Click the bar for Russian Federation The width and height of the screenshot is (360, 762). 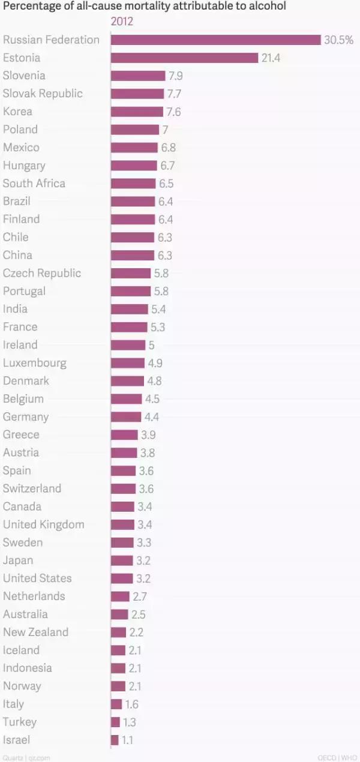pyautogui.click(x=215, y=40)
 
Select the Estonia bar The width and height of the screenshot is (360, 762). pyautogui.click(x=184, y=58)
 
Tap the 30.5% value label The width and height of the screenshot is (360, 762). pyautogui.click(x=338, y=40)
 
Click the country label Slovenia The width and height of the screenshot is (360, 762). pyautogui.click(x=24, y=76)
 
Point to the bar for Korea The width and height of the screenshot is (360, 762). pyautogui.click(x=137, y=112)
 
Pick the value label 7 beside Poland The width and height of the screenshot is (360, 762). pyautogui.click(x=165, y=130)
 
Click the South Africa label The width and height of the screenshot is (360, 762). pyautogui.click(x=34, y=183)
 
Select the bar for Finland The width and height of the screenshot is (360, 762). pyautogui.click(x=133, y=219)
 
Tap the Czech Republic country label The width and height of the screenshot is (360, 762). pyautogui.click(x=42, y=273)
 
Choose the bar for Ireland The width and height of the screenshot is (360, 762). pyautogui.click(x=128, y=345)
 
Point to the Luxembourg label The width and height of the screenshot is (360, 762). pyautogui.click(x=35, y=363)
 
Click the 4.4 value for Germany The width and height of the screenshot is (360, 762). pyautogui.click(x=152, y=416)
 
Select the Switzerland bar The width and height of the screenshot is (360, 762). pyautogui.click(x=123, y=488)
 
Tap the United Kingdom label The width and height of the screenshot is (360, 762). pyautogui.click(x=44, y=524)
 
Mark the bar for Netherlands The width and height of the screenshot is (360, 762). pyautogui.click(x=120, y=596)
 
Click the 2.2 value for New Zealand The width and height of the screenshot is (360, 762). pyautogui.click(x=136, y=632)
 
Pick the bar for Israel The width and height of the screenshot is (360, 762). pyautogui.click(x=115, y=740)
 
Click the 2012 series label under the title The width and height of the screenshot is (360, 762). pyautogui.click(x=122, y=22)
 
